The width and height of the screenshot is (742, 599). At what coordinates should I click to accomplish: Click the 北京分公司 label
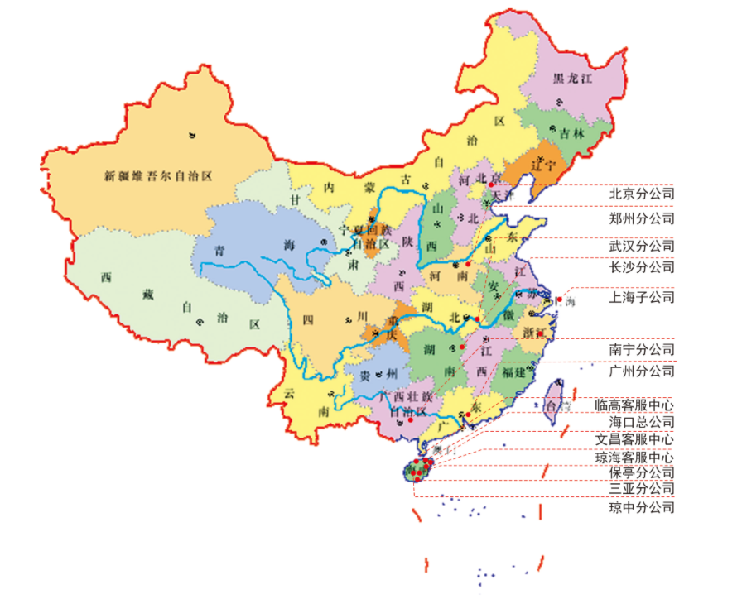(641, 194)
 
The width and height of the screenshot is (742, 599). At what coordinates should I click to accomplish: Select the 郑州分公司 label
(641, 219)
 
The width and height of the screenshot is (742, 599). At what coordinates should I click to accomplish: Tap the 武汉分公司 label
(641, 247)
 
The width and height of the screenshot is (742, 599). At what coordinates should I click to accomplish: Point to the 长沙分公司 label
(641, 267)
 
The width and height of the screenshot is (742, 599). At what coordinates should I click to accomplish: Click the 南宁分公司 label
(641, 350)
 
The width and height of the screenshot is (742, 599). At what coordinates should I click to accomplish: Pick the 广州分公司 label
(641, 371)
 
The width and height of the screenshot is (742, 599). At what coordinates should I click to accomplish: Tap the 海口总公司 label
(641, 422)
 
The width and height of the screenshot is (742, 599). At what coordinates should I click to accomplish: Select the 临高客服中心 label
(634, 405)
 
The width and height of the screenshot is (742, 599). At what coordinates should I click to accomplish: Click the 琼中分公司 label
(641, 507)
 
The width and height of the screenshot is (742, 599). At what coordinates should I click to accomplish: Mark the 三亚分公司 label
(641, 489)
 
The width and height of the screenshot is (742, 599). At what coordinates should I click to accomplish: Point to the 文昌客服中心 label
(634, 439)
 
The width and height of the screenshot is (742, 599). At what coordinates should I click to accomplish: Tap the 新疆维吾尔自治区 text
(158, 175)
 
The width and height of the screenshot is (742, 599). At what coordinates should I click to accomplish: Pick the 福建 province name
(513, 372)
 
